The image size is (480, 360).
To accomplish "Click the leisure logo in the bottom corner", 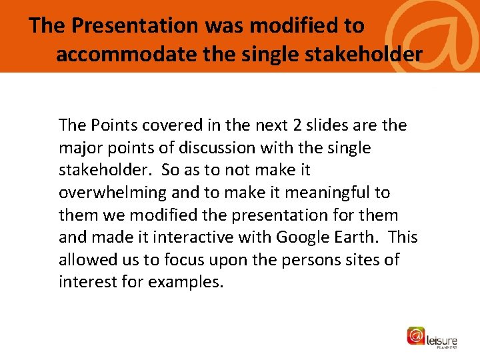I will coord(433,337).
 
